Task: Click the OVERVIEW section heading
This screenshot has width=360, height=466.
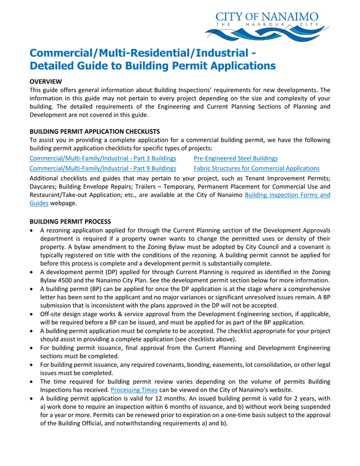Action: tap(46, 82)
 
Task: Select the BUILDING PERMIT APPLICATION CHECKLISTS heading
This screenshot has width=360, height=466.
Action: tap(94, 131)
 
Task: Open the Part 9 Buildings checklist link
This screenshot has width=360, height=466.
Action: tap(102, 168)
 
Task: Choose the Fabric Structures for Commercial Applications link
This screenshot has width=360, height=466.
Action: tap(256, 168)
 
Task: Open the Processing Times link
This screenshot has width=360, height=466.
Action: tap(133, 389)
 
